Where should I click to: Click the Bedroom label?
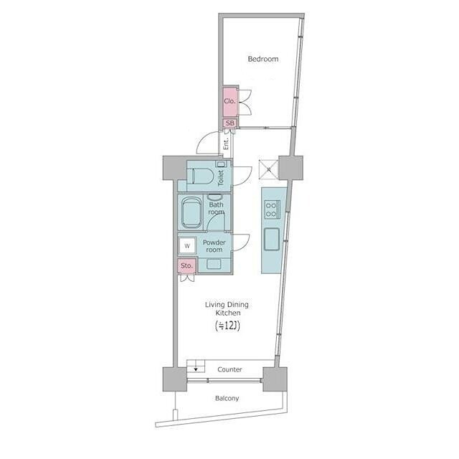[x=263, y=59]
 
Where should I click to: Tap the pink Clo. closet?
[x=230, y=101]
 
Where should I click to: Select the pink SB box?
[x=230, y=123]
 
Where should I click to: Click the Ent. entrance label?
[x=226, y=143]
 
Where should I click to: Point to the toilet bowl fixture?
[x=200, y=176]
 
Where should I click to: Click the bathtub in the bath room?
[x=191, y=213]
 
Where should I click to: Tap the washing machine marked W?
[x=187, y=245]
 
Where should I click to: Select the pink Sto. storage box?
[x=186, y=266]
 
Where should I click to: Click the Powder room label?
[x=214, y=246]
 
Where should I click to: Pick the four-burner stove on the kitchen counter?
[x=273, y=209]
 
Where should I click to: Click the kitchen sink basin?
[x=272, y=240]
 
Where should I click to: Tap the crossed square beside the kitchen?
[x=268, y=169]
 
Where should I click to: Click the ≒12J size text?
[x=227, y=326]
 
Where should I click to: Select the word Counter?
[x=229, y=369]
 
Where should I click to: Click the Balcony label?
[x=227, y=398]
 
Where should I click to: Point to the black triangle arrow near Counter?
[x=196, y=369]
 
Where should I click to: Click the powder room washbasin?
[x=214, y=264]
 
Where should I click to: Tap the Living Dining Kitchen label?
[x=227, y=308]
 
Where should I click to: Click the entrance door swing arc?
[x=205, y=141]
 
